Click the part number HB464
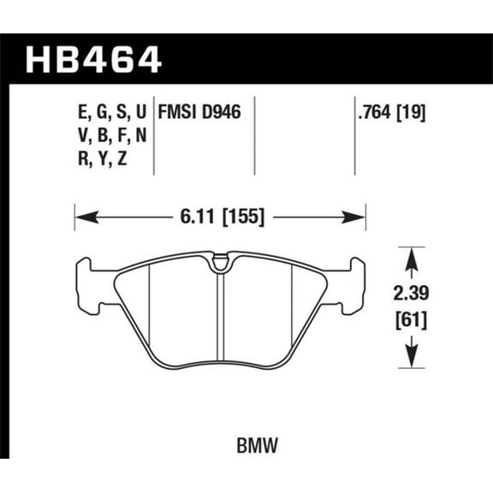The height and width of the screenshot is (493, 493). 94,59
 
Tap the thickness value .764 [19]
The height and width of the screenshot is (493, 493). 391,110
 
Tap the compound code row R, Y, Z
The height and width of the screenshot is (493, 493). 102,158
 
